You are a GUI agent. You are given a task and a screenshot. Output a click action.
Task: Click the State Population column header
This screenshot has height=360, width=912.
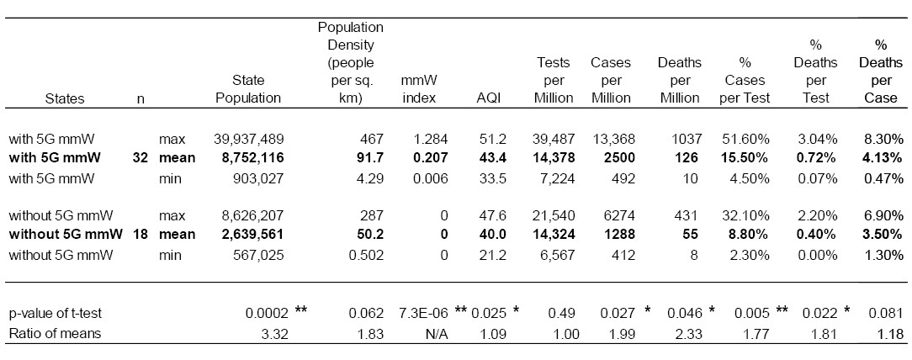pyautogui.click(x=248, y=89)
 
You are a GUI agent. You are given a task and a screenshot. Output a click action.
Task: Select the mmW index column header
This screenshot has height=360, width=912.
pyautogui.click(x=418, y=89)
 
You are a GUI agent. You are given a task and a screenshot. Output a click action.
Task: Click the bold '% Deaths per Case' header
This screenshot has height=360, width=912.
pyautogui.click(x=881, y=71)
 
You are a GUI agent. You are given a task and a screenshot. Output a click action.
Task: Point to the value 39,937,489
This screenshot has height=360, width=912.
pyautogui.click(x=248, y=140)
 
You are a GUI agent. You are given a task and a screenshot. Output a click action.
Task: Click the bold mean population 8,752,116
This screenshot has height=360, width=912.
pyautogui.click(x=252, y=158)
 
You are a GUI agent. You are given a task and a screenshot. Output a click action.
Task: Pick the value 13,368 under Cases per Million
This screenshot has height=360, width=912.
pyautogui.click(x=612, y=140)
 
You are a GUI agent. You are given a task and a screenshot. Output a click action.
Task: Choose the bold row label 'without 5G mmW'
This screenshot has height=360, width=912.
pyautogui.click(x=65, y=235)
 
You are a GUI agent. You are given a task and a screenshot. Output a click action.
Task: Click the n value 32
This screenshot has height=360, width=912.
pyautogui.click(x=140, y=158)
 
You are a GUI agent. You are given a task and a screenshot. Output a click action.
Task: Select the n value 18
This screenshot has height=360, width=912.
pyautogui.click(x=140, y=235)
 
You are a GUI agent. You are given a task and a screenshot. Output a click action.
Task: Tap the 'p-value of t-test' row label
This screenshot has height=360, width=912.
pyautogui.click(x=55, y=314)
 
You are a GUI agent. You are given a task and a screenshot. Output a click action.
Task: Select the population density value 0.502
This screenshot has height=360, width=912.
pyautogui.click(x=367, y=255)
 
